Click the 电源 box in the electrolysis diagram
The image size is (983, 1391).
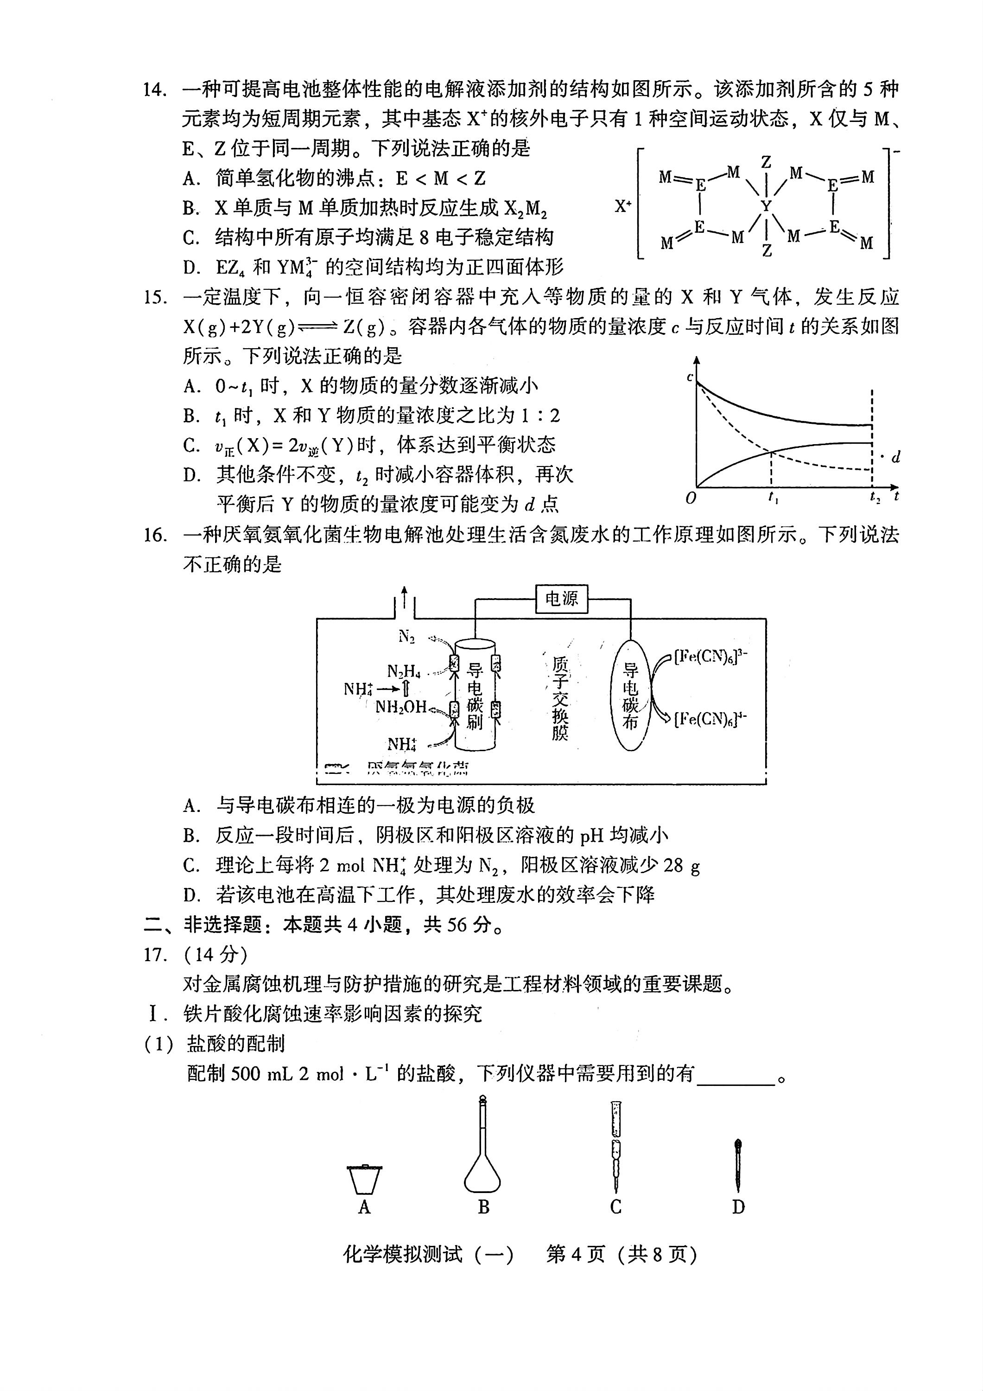tap(561, 599)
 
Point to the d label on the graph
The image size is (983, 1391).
tap(896, 457)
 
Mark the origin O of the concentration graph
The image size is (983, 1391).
tap(691, 498)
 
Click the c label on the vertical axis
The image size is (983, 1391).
tap(690, 377)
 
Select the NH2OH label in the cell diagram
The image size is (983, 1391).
tap(401, 707)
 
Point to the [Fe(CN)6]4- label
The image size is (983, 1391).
tap(710, 719)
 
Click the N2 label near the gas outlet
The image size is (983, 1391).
tap(406, 636)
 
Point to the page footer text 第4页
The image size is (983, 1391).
tap(575, 1254)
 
